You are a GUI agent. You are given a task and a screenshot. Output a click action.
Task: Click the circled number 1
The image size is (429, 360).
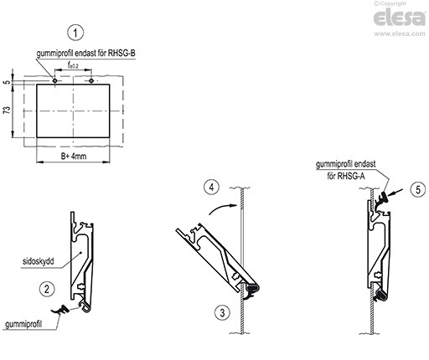click(75, 33)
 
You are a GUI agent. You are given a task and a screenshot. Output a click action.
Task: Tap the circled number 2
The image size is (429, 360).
click(47, 289)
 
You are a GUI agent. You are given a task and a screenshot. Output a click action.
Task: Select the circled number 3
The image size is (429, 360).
click(222, 312)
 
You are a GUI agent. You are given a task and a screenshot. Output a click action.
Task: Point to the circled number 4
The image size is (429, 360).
click(211, 188)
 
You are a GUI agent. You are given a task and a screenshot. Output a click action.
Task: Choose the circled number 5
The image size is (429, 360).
click(418, 190)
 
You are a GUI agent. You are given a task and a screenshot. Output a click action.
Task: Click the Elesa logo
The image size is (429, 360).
click(400, 18)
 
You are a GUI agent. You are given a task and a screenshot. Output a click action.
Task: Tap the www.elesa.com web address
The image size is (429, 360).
click(400, 33)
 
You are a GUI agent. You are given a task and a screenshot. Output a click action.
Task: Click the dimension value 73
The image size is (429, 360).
click(7, 110)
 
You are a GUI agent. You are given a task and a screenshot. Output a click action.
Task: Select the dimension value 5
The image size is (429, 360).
click(7, 82)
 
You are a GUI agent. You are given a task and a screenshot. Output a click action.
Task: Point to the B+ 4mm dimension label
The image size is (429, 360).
click(74, 156)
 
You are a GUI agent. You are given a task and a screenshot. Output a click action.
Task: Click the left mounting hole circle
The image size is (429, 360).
click(55, 80)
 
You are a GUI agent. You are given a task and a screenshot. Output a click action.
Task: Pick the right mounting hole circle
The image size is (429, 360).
click(91, 80)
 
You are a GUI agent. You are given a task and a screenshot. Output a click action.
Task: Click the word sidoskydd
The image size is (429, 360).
click(38, 261)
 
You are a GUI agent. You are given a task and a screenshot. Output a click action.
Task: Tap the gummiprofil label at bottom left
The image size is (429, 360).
click(23, 324)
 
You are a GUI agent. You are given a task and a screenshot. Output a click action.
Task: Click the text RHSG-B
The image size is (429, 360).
click(121, 53)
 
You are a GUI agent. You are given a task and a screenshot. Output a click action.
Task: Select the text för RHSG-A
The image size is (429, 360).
click(346, 176)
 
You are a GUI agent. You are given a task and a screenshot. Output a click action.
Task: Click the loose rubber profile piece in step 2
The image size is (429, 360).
click(60, 310)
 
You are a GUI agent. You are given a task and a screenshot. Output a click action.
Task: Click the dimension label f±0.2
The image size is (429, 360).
click(73, 65)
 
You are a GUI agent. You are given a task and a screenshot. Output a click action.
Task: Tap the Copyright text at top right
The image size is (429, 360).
click(390, 3)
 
